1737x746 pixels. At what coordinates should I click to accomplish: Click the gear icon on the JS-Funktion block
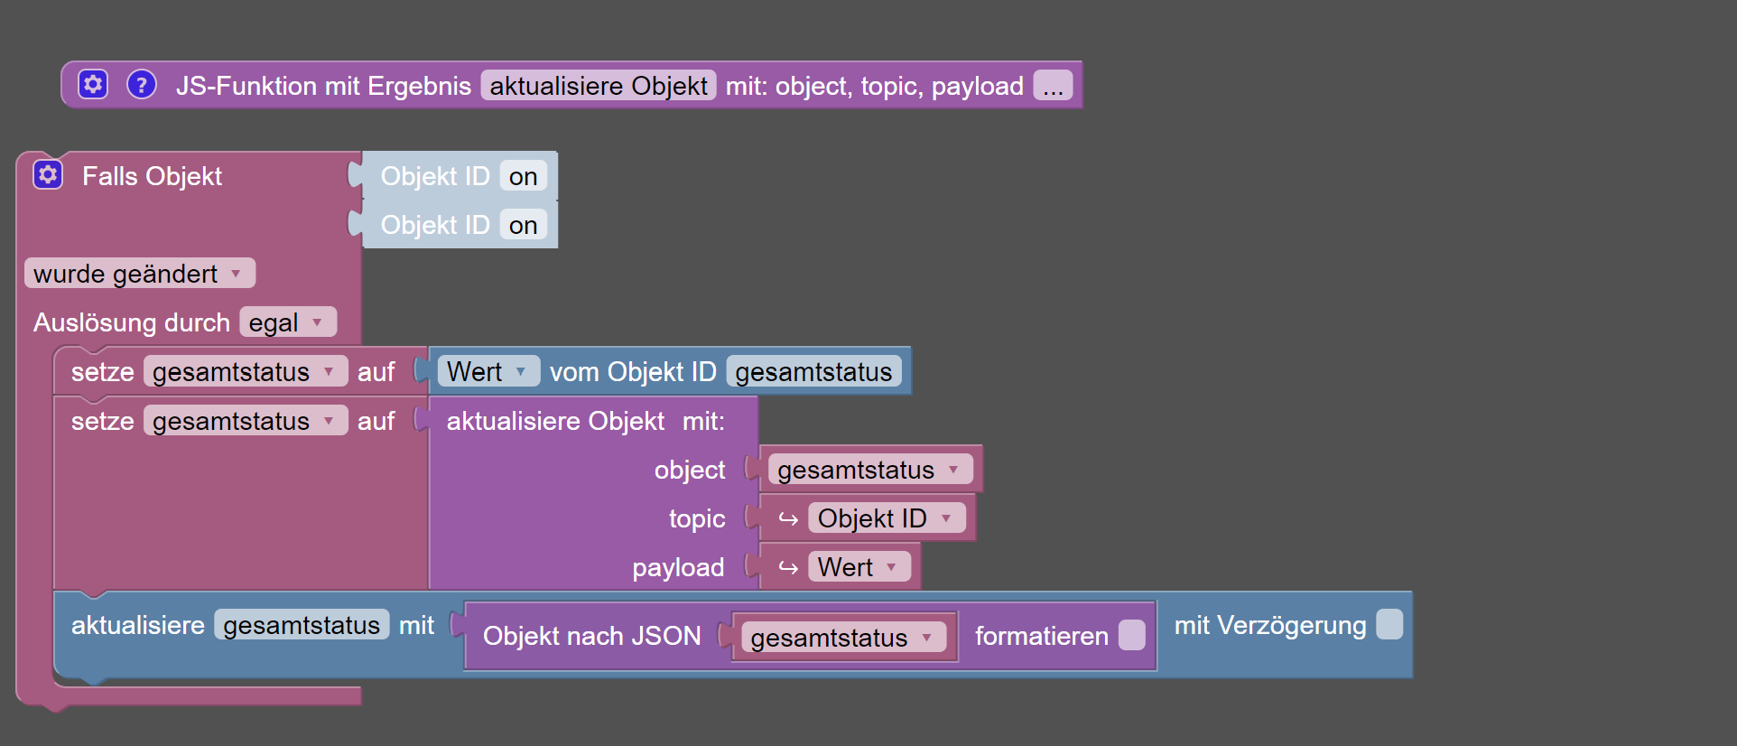click(x=93, y=84)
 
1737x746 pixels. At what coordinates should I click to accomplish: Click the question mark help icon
click(x=141, y=84)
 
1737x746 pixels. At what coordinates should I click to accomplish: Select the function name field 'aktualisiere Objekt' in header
click(x=599, y=85)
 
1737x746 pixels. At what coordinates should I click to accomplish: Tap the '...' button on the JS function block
click(x=1053, y=85)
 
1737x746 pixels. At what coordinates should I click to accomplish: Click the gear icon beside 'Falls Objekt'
click(x=48, y=174)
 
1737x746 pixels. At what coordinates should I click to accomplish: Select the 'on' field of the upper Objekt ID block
click(x=524, y=176)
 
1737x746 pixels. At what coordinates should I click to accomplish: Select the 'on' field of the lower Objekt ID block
click(x=524, y=225)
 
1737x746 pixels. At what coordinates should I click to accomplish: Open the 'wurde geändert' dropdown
click(x=140, y=273)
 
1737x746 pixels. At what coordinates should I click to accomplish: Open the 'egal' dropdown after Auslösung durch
click(x=288, y=322)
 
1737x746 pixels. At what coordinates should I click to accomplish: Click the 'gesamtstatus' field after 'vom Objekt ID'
click(x=813, y=371)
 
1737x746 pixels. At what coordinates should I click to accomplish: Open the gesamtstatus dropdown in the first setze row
click(x=246, y=371)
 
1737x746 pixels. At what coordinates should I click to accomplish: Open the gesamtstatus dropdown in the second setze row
click(x=246, y=420)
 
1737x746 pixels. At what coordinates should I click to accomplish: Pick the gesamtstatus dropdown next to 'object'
click(x=870, y=469)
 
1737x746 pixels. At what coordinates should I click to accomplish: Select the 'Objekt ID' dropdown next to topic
click(x=887, y=518)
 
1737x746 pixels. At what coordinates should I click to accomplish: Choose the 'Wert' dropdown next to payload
click(x=859, y=566)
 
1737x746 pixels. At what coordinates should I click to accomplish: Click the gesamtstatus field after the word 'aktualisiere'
click(x=302, y=624)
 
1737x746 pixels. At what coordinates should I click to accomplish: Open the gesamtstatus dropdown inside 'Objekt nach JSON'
click(x=843, y=637)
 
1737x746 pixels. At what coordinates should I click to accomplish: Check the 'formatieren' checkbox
click(x=1131, y=635)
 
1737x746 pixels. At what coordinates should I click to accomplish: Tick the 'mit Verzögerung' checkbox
click(x=1389, y=624)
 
